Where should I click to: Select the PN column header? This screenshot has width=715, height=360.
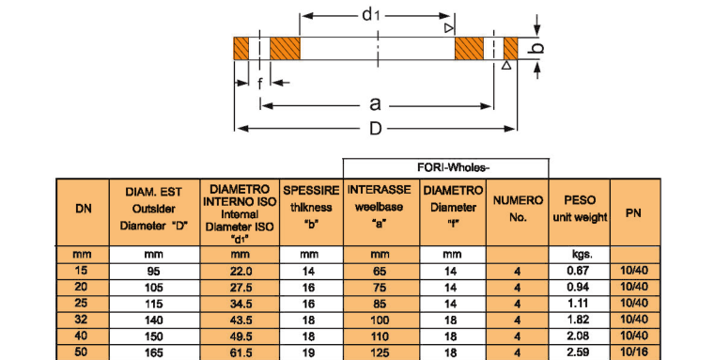pyautogui.click(x=635, y=212)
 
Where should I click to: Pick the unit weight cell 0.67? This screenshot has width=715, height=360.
pyautogui.click(x=578, y=271)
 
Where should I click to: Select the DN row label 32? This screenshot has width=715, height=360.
pyautogui.click(x=83, y=320)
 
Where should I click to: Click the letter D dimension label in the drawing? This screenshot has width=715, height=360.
pyautogui.click(x=375, y=130)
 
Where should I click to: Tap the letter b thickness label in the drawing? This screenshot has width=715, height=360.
pyautogui.click(x=538, y=47)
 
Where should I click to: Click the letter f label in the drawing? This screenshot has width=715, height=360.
pyautogui.click(x=259, y=83)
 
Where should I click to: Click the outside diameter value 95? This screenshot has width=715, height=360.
pyautogui.click(x=154, y=271)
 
